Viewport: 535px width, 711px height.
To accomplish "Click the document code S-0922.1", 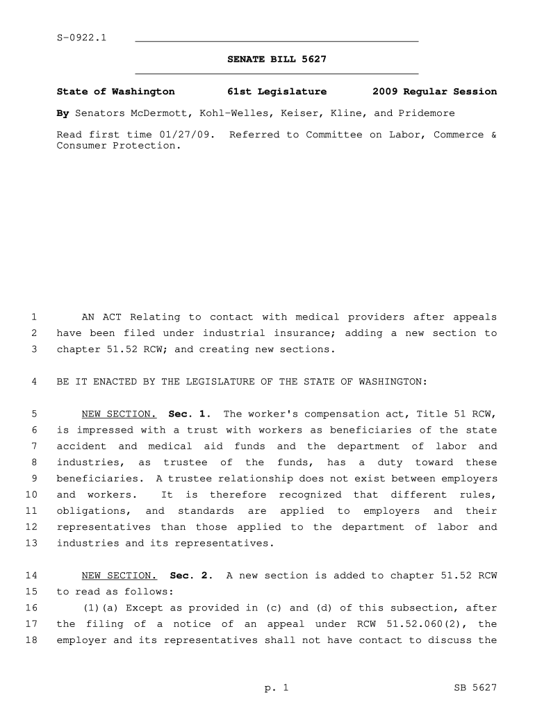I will point(81,37).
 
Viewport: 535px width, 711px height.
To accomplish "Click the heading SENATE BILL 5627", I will point(277,60).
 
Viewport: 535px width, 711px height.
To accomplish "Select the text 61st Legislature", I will point(277,92).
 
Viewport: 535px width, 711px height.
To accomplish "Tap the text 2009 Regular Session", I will point(434,92).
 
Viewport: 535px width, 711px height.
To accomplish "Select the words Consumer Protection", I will point(116,146).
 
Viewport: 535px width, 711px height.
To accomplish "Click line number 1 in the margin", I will point(33,317).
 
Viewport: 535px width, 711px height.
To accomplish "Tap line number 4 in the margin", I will point(33,382).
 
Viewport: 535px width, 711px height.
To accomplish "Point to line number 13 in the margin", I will point(31,543).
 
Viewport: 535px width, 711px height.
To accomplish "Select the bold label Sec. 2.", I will point(192,576).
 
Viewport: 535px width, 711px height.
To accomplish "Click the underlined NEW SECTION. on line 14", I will point(119,576).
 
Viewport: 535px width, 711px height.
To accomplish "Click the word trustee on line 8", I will point(186,462).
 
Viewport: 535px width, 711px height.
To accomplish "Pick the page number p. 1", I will point(276,688).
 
